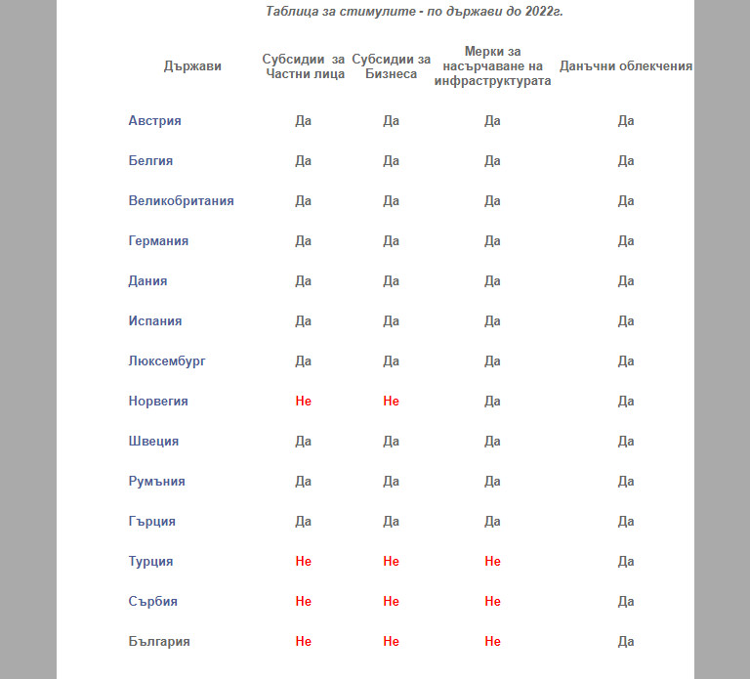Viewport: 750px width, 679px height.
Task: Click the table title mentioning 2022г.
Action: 414,12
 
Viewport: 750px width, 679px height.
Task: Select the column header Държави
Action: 192,66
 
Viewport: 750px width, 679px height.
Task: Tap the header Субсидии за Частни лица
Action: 305,66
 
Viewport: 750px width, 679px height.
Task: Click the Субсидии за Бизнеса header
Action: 391,66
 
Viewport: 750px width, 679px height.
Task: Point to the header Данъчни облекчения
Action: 626,66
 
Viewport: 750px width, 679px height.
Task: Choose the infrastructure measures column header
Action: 492,66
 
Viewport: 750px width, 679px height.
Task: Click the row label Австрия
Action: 154,121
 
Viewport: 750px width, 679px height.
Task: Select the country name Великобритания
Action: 181,201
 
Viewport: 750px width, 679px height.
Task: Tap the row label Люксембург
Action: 167,361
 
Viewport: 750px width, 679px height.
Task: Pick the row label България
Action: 159,642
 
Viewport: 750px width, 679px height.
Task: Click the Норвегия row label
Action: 158,402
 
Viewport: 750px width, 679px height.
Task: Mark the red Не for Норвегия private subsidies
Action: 303,402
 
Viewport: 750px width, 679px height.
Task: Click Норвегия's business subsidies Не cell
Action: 391,402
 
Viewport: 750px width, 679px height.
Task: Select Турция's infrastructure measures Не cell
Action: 492,562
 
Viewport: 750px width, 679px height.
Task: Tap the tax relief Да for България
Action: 626,642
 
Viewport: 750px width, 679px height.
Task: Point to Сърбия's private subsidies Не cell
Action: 303,602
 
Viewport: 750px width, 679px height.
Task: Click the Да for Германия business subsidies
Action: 391,241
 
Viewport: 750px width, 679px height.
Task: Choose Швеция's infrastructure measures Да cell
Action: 492,442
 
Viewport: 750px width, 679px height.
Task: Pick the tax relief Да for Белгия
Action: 626,161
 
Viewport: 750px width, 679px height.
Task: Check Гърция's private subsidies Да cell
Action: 303,522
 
